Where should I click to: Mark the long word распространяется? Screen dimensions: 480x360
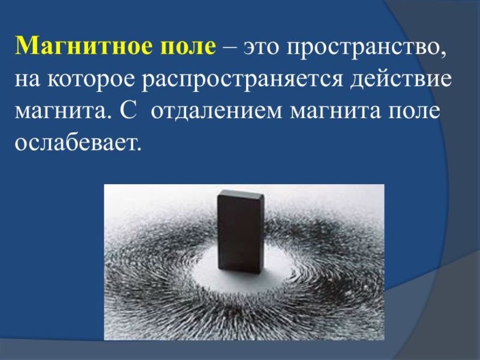242,81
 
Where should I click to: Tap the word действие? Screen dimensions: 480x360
401,79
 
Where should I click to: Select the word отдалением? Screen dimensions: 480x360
217,112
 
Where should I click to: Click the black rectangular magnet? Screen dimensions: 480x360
241,232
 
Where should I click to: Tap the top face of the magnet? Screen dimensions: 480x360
241,193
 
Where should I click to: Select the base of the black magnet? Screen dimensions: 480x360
239,270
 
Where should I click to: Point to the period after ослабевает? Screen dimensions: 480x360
139,148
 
